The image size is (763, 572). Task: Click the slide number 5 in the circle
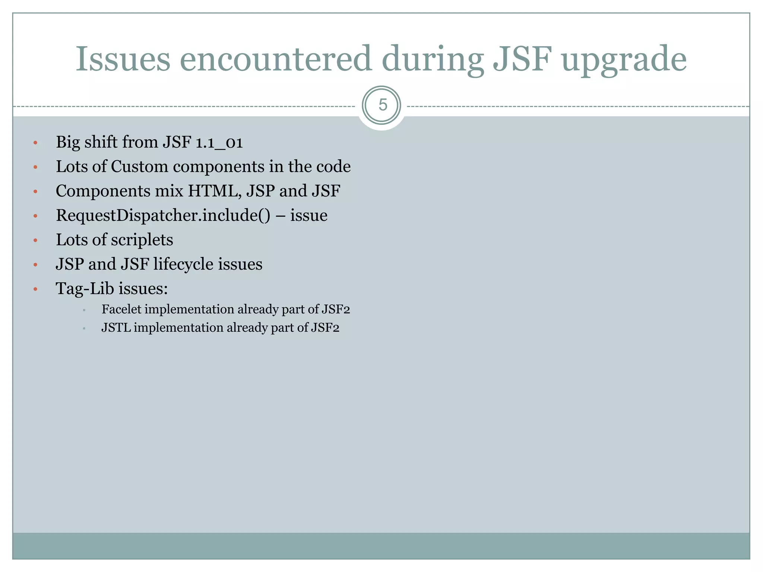(x=383, y=105)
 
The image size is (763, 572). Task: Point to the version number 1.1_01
(x=219, y=143)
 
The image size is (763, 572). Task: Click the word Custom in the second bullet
(x=139, y=166)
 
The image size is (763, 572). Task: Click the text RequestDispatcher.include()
(x=163, y=215)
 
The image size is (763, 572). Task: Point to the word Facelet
(x=121, y=309)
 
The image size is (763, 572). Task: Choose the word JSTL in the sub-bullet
(x=116, y=328)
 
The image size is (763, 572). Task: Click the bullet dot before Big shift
(x=35, y=143)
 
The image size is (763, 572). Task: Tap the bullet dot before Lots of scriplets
(x=35, y=241)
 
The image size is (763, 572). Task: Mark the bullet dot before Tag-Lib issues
(x=35, y=289)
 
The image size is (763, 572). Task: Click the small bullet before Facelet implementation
(x=85, y=310)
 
